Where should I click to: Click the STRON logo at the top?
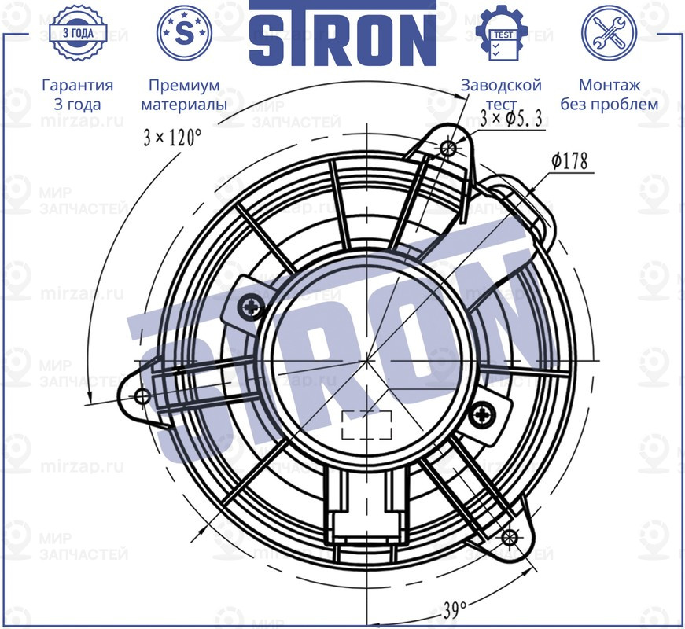pyautogui.click(x=342, y=33)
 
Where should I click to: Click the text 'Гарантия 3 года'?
pyautogui.click(x=77, y=94)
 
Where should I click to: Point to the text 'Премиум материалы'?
pyautogui.click(x=184, y=94)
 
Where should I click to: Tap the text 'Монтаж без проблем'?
pyautogui.click(x=609, y=94)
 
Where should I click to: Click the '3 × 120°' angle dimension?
pyautogui.click(x=172, y=138)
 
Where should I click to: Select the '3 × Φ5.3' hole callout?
pyautogui.click(x=513, y=119)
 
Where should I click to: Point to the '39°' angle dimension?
pyautogui.click(x=454, y=609)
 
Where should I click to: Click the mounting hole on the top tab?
pyautogui.click(x=449, y=147)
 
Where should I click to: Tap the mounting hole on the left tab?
pyautogui.click(x=142, y=395)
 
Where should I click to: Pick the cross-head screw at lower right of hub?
pyautogui.click(x=484, y=410)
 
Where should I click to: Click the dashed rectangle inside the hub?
pyautogui.click(x=367, y=425)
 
